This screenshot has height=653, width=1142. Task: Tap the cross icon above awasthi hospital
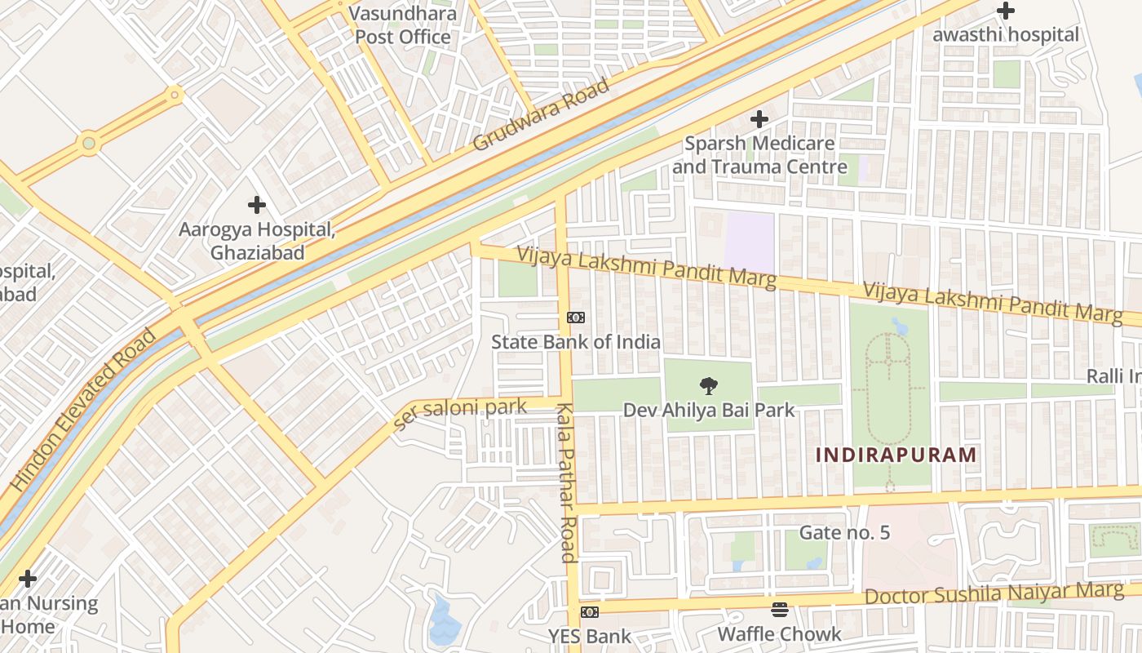(x=1006, y=11)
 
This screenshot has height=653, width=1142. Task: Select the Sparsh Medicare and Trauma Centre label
(x=759, y=155)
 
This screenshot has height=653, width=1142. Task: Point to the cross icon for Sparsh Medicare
(x=759, y=119)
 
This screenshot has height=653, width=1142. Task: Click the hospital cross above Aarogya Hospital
(x=257, y=204)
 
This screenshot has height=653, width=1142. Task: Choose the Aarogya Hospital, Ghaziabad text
(x=257, y=241)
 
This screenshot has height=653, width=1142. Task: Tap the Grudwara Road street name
(x=541, y=115)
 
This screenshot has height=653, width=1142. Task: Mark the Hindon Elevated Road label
(x=82, y=411)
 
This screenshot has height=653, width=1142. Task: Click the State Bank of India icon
(x=576, y=318)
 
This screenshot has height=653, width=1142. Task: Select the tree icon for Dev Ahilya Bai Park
(x=708, y=385)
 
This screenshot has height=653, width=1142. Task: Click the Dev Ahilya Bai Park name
(x=708, y=410)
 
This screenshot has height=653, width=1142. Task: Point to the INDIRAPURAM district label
(x=896, y=455)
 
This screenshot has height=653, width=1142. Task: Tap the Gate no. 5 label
(x=844, y=533)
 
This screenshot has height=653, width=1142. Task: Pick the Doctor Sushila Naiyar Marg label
(x=994, y=593)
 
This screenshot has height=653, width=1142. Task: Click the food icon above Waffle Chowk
(x=780, y=610)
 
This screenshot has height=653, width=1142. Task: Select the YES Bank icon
(x=589, y=611)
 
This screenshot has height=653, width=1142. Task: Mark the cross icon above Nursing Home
(x=28, y=579)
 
